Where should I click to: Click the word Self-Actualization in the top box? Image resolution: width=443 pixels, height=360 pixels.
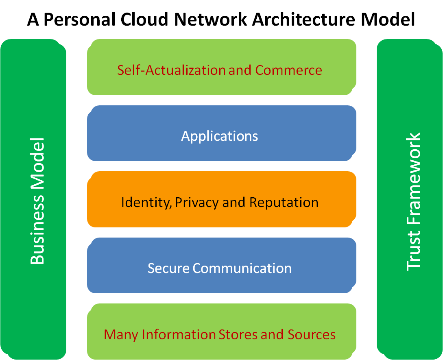pos(172,70)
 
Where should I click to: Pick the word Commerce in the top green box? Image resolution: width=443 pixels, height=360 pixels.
pos(288,70)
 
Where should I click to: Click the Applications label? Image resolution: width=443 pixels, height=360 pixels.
pos(220,136)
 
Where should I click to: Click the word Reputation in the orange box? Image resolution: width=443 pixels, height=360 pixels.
pos(284,202)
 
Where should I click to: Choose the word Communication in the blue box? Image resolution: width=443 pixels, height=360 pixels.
pos(242,268)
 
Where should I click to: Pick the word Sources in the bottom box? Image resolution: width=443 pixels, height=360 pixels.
pos(312,334)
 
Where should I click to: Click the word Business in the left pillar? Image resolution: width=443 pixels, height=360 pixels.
pos(37,229)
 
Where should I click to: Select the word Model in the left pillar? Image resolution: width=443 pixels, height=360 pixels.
pos(37,163)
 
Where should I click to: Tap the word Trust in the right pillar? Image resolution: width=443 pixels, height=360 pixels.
pos(414,250)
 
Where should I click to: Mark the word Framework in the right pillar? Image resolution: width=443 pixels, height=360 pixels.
pos(414,179)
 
